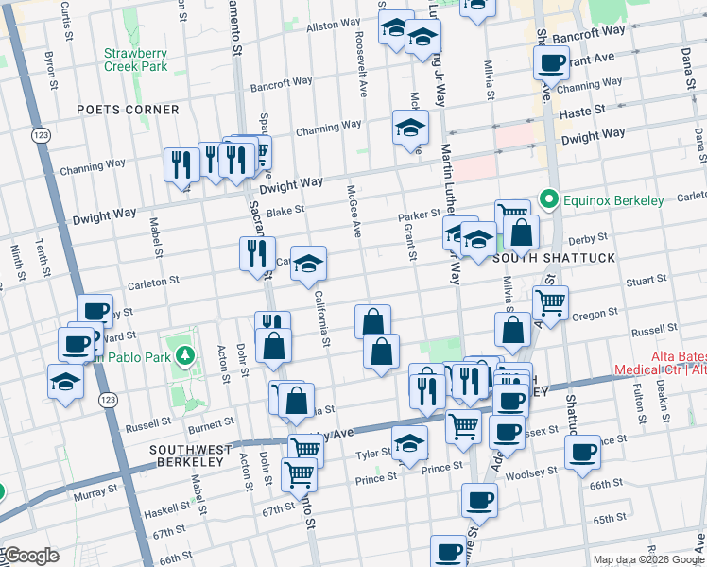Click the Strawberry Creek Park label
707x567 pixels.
pos(135,60)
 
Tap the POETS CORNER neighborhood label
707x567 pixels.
pos(129,110)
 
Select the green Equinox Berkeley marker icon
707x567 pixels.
pos(546,199)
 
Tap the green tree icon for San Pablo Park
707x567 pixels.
pos(186,354)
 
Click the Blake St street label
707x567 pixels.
pos(285,212)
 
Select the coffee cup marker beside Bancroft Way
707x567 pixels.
pos(550,63)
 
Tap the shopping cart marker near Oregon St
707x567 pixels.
pos(550,302)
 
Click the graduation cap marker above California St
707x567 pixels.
pos(308,266)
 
